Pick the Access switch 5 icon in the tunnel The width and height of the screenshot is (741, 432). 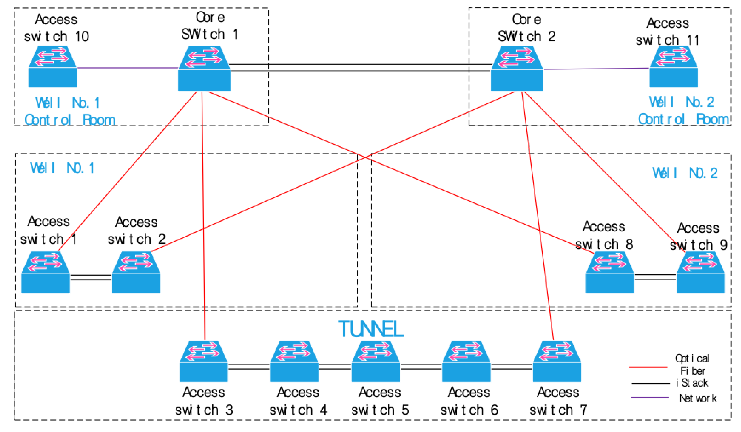(376, 361)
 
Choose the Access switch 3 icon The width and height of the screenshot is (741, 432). (203, 361)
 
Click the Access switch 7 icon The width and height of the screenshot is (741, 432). (557, 361)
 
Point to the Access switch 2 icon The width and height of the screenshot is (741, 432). (136, 272)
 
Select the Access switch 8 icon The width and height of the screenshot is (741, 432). (610, 272)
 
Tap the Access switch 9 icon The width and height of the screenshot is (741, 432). (701, 272)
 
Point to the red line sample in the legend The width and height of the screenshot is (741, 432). (648, 367)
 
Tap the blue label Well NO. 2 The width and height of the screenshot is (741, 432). (685, 173)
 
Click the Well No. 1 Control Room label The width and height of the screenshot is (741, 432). (69, 111)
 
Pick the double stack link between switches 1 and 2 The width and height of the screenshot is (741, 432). (91, 277)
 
